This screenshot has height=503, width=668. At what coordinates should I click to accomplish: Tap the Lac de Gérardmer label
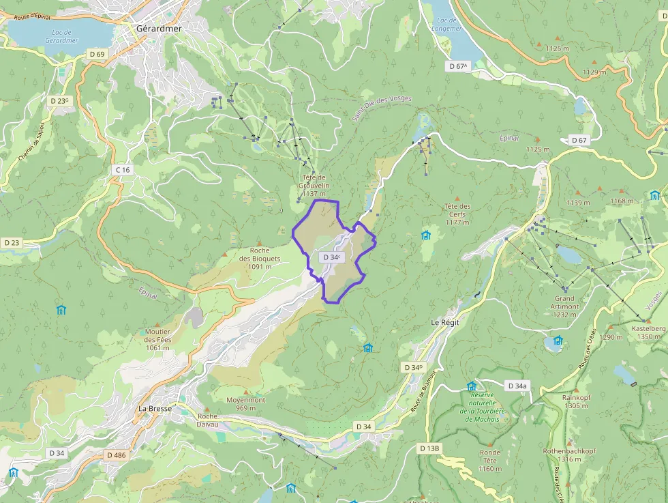point(61,36)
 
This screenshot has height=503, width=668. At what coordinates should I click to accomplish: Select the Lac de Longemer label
point(447,25)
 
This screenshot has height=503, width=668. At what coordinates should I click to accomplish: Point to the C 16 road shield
point(123,169)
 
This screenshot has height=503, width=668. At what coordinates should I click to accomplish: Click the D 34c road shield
point(331,257)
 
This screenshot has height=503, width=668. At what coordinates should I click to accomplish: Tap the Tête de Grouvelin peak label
point(314,186)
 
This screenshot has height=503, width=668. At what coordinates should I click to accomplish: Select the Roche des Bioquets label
point(260,258)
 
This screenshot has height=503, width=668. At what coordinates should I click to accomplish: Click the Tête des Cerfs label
point(457,214)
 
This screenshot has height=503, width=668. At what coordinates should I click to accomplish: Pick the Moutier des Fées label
point(157,339)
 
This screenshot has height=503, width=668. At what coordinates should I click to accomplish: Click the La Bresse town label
point(154,408)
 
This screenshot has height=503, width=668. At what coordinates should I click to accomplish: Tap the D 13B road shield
point(430,448)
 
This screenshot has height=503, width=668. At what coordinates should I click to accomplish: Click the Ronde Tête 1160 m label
point(489,461)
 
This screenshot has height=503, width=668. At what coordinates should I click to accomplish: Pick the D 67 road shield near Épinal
point(579,140)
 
